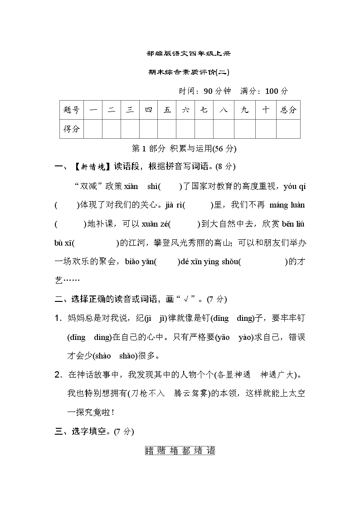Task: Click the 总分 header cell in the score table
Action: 288,110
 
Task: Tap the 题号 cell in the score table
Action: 72,110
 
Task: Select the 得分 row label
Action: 72,129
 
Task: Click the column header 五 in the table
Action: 167,110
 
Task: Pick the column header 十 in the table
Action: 265,110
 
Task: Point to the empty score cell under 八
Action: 224,129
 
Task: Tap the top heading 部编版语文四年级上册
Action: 189,53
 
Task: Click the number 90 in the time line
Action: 208,91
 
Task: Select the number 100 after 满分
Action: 271,91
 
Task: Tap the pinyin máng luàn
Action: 287,205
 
